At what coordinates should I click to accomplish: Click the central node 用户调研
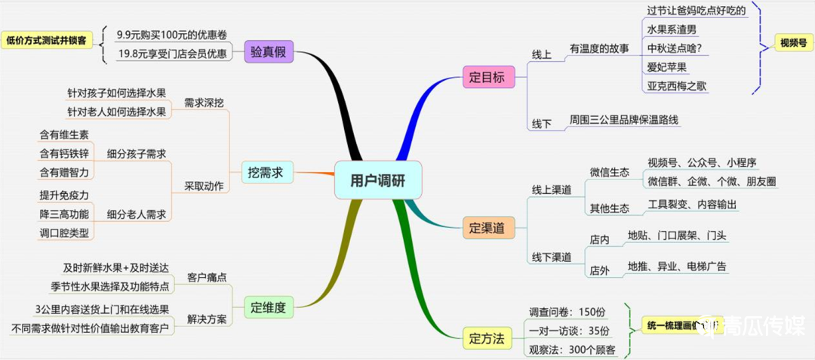pos(377,180)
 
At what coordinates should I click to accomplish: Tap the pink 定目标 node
pos(488,77)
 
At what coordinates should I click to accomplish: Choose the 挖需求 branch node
pos(266,172)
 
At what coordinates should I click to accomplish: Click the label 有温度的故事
pos(599,49)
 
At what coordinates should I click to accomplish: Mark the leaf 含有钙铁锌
pos(64,153)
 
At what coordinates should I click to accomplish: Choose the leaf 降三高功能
pos(64,214)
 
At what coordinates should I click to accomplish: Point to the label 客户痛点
pos(208,278)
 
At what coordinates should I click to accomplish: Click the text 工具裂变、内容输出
pos(693,205)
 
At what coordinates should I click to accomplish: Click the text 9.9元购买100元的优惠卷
pos(172,35)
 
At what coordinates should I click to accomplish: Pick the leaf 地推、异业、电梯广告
pos(677,266)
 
